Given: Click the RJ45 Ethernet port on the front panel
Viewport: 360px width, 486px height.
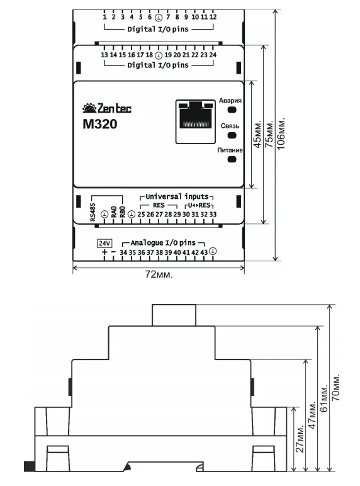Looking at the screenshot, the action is pyautogui.click(x=196, y=121).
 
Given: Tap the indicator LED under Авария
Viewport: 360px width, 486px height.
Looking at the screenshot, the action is pyautogui.click(x=232, y=110).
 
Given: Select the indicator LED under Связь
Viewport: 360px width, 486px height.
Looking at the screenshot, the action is pyautogui.click(x=232, y=135).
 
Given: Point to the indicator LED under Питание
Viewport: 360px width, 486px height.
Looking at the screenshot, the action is pyautogui.click(x=232, y=159).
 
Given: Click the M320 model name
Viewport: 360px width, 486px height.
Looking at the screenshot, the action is pyautogui.click(x=100, y=124).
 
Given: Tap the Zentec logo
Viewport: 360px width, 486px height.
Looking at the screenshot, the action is pyautogui.click(x=107, y=108).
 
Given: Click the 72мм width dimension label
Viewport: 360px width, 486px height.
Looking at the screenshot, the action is pyautogui.click(x=159, y=274).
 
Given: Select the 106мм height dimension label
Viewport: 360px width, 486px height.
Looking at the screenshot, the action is pyautogui.click(x=281, y=133).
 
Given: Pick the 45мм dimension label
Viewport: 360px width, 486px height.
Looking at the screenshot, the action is pyautogui.click(x=257, y=134).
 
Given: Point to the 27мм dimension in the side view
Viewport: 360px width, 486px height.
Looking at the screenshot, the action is pyautogui.click(x=300, y=439).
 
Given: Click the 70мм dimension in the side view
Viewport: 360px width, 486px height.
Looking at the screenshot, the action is pyautogui.click(x=336, y=387).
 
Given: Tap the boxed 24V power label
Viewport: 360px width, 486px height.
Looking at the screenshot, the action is pyautogui.click(x=104, y=243).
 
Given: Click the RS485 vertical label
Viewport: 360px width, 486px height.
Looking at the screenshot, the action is pyautogui.click(x=93, y=212).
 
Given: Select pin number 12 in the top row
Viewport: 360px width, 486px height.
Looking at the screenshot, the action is pyautogui.click(x=213, y=17).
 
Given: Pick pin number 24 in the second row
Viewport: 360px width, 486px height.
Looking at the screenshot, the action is pyautogui.click(x=213, y=55).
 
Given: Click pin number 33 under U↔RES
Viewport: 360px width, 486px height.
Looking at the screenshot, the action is pyautogui.click(x=213, y=214).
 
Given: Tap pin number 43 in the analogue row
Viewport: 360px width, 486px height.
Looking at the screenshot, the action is pyautogui.click(x=204, y=252).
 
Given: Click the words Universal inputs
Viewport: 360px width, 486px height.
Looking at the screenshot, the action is pyautogui.click(x=177, y=196).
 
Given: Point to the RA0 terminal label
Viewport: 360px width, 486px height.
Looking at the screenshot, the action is pyautogui.click(x=114, y=212).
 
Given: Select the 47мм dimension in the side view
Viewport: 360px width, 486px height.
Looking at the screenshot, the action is pyautogui.click(x=312, y=415).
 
